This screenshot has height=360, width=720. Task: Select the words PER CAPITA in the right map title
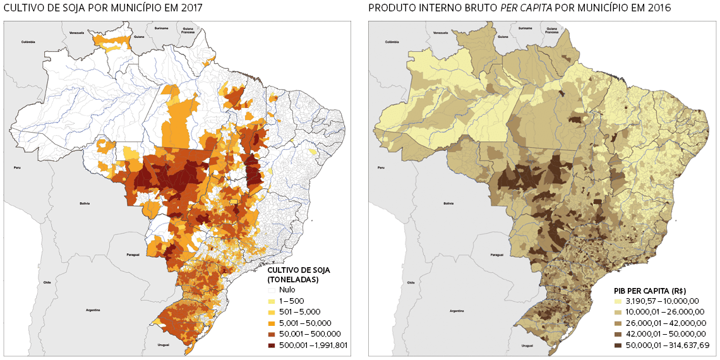pyautogui.click(x=556, y=8)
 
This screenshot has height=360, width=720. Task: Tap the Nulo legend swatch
pyautogui.click(x=272, y=290)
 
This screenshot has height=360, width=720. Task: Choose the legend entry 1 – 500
pyautogui.click(x=291, y=301)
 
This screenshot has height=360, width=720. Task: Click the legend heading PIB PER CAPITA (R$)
pyautogui.click(x=651, y=289)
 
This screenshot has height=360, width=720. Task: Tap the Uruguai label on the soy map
pyautogui.click(x=163, y=345)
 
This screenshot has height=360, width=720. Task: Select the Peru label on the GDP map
pyautogui.click(x=381, y=168)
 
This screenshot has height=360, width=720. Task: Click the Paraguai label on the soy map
pyautogui.click(x=132, y=255)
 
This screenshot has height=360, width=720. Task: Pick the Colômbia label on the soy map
pyautogui.click(x=27, y=42)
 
